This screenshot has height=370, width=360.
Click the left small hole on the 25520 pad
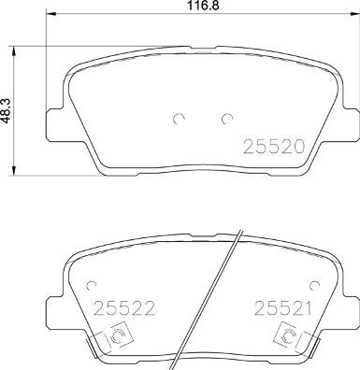[178, 119]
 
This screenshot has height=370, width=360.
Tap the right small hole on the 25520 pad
[225, 119]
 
